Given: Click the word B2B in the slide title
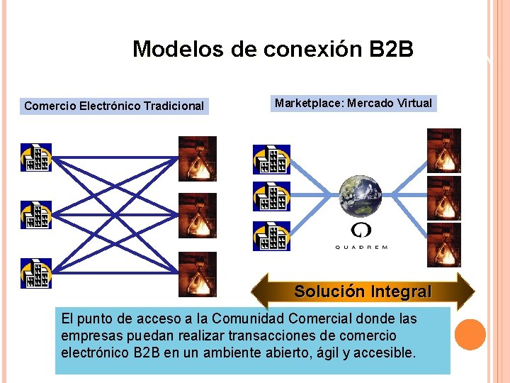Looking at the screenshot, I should (x=391, y=50).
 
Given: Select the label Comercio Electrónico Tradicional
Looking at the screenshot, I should (x=114, y=106).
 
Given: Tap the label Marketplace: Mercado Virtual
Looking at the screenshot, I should (x=353, y=104).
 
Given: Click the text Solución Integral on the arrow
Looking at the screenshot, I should (x=363, y=292).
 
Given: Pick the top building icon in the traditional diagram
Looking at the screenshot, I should (x=35, y=157).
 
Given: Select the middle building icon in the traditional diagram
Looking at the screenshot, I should (x=35, y=214).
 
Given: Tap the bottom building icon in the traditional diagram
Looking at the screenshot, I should (x=35, y=273).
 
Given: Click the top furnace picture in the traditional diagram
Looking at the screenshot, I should (x=197, y=158).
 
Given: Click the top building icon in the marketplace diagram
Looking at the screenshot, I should (x=271, y=160).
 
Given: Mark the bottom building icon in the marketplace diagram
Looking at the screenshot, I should (x=271, y=236).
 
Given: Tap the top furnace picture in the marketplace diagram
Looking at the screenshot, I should (x=443, y=150).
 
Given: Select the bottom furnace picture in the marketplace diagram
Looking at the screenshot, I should (x=443, y=245).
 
